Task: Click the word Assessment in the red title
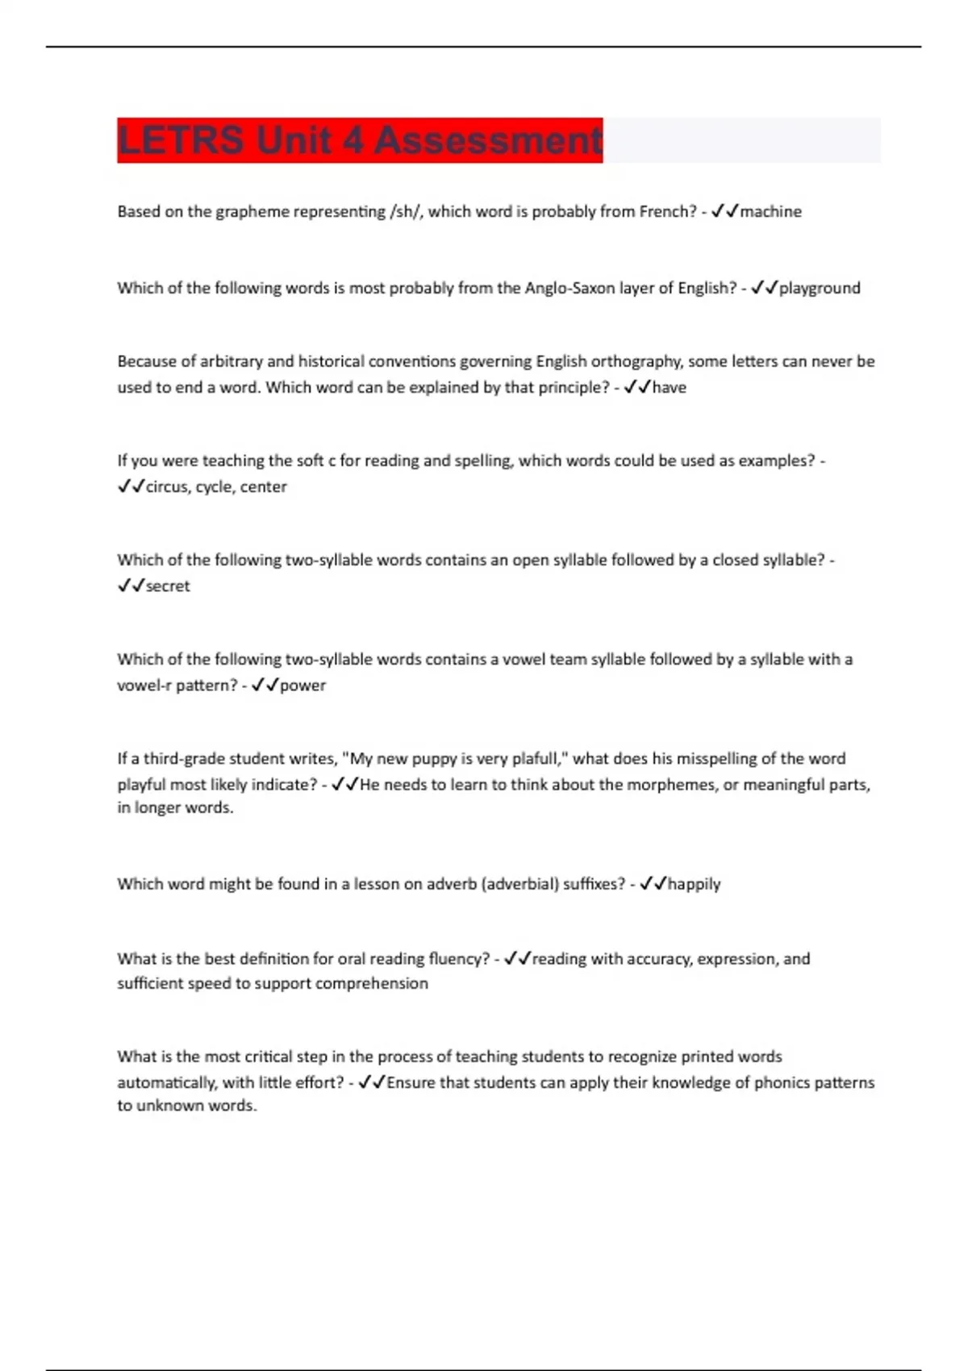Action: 487,140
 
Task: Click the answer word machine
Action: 770,211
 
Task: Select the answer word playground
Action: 820,288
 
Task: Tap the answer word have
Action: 669,387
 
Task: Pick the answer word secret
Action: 168,585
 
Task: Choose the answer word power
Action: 302,685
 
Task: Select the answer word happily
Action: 694,884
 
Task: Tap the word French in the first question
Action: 667,211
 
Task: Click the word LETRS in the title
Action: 180,140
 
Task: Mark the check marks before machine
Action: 724,211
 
